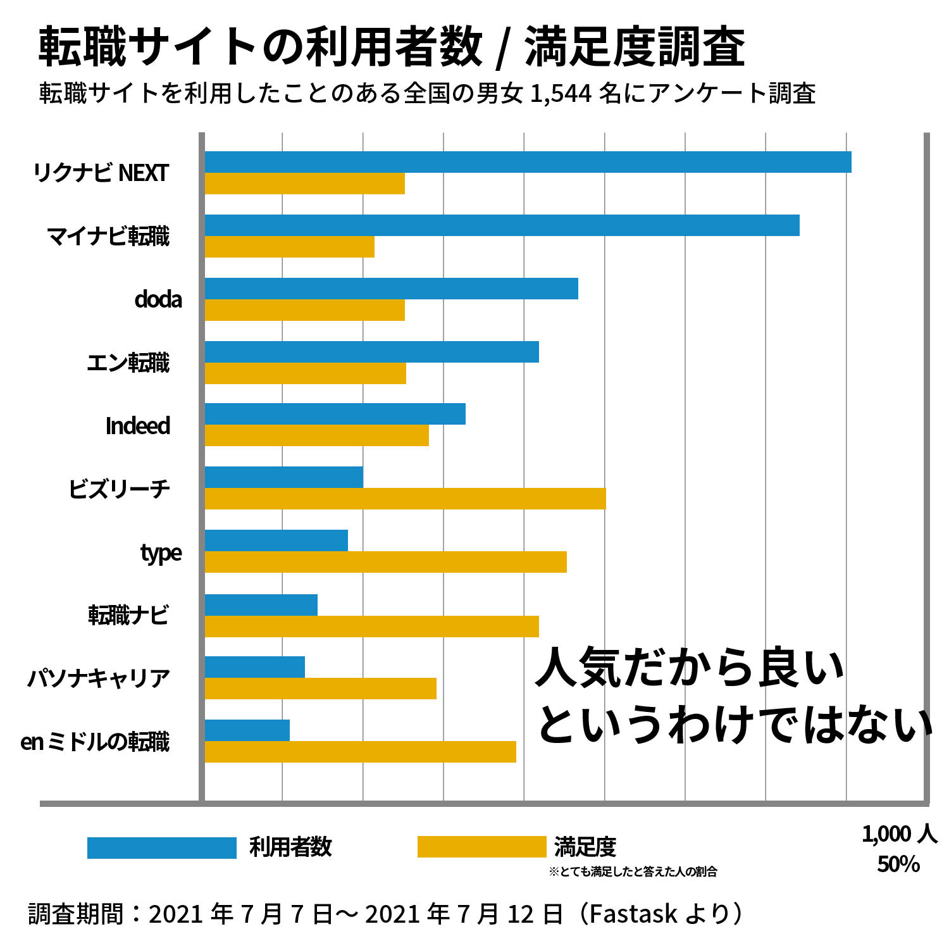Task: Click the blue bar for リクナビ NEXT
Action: [x=528, y=162]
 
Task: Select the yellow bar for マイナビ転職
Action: [x=289, y=247]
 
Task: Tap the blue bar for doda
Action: [x=391, y=289]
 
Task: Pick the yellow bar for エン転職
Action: [x=305, y=373]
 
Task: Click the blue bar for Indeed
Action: [x=335, y=414]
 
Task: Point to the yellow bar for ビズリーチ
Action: [x=405, y=499]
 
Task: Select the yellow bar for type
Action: [x=385, y=562]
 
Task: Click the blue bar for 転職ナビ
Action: [x=261, y=605]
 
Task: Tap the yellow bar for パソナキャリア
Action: [x=320, y=689]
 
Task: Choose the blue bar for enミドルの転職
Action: [x=247, y=730]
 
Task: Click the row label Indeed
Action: [x=138, y=426]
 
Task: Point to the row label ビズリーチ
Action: [x=120, y=489]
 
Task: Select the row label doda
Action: [x=158, y=299]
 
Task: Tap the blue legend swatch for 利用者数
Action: [x=161, y=847]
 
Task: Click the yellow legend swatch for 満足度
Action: [x=481, y=847]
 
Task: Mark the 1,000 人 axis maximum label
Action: [x=899, y=834]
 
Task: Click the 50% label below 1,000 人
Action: [x=898, y=864]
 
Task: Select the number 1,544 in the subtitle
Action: [x=561, y=94]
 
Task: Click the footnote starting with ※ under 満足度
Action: [x=633, y=872]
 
